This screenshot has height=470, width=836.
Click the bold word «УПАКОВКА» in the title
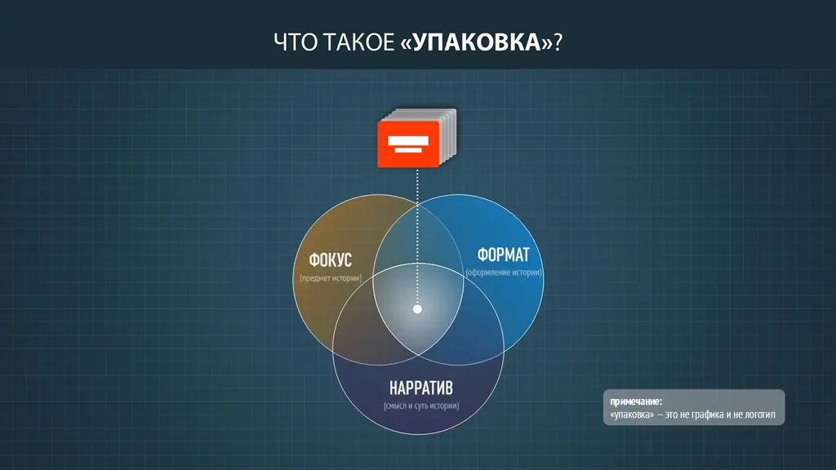pos(477,42)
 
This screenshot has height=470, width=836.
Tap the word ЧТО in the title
pos(296,42)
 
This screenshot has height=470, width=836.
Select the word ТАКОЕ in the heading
pos(358,42)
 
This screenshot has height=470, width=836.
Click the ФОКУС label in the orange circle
pos(331,260)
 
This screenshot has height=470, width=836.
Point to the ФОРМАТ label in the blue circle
pos(503,255)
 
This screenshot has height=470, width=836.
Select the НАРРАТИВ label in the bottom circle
pos(421,388)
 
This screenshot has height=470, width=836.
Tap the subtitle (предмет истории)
pos(331,278)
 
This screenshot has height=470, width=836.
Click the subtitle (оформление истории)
pos(504,273)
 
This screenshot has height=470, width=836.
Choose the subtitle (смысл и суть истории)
pos(421,406)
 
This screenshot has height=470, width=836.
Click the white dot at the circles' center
pos(417,309)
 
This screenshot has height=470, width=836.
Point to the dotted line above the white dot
pos(417,236)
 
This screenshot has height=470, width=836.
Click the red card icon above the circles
pos(408,144)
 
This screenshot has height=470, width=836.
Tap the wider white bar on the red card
pos(408,140)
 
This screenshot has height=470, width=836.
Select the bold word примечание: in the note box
pos(636,401)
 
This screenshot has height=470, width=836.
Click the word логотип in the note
pos(758,415)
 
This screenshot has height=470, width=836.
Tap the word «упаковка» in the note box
pos(632,415)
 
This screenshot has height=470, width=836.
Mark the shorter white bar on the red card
pos(408,150)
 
